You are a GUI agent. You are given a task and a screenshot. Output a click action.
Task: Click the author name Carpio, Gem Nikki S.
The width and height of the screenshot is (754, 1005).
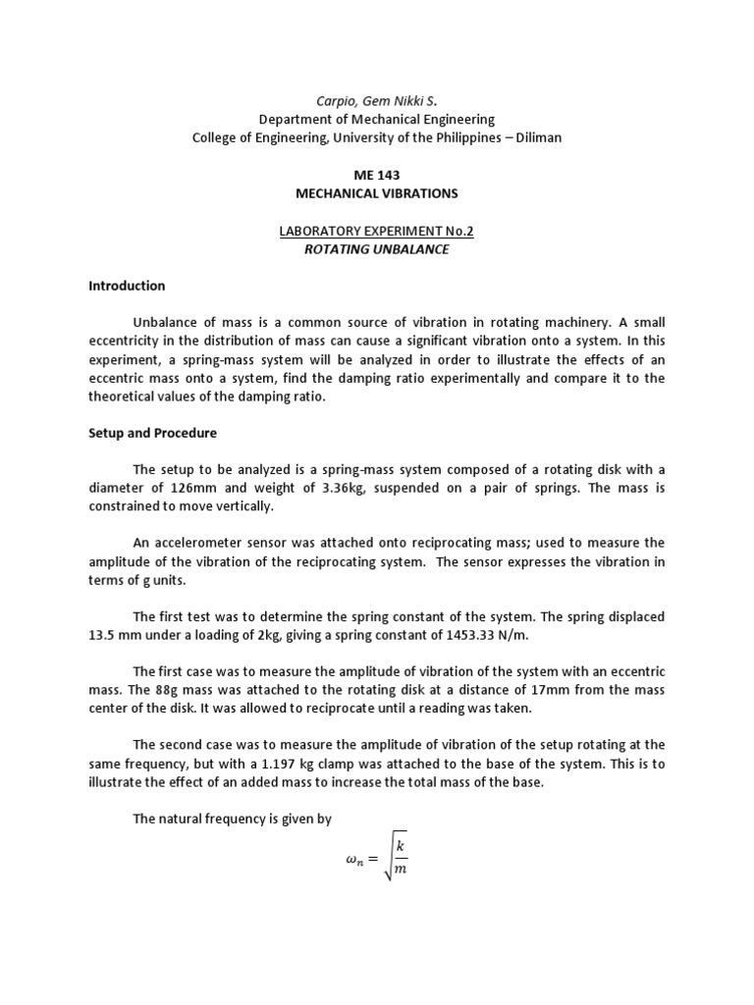(376, 100)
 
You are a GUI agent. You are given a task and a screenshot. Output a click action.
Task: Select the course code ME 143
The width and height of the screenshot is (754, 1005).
(376, 175)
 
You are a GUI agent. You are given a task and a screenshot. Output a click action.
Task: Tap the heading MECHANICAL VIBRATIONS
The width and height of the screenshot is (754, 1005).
(376, 193)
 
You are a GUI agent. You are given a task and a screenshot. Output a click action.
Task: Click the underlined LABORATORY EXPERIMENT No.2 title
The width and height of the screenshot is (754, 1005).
(376, 231)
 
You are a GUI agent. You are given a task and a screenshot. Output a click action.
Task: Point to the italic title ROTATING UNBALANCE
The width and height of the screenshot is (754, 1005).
(376, 249)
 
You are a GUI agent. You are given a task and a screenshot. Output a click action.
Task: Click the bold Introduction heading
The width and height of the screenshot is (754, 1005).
(127, 286)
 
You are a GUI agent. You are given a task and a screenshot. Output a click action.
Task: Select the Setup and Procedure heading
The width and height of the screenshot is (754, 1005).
(152, 433)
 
